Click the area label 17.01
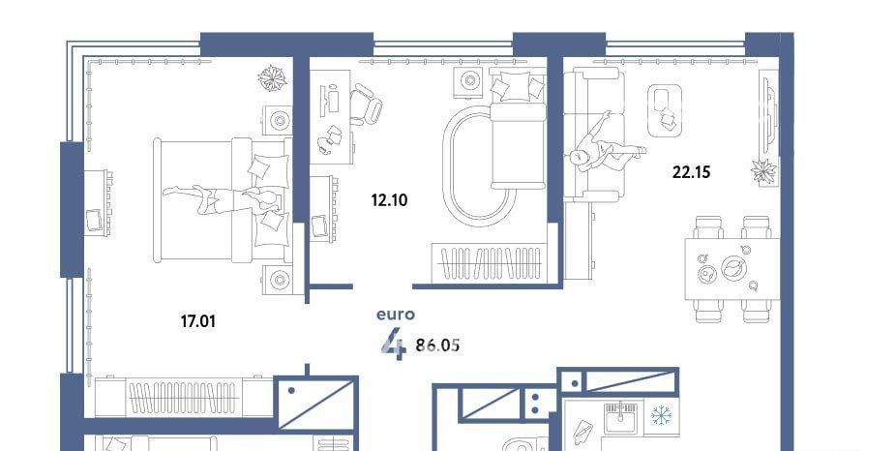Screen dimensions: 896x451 (x=198, y=321)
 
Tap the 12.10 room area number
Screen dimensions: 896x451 (x=389, y=200)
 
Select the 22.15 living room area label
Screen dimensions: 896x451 (x=692, y=171)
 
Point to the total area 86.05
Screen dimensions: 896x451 (x=437, y=346)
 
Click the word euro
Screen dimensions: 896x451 (x=396, y=315)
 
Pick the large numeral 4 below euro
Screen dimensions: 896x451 (x=394, y=344)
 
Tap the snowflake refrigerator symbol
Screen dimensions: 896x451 (x=662, y=414)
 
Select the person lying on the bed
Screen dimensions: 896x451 (x=221, y=199)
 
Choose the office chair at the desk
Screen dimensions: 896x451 (x=366, y=104)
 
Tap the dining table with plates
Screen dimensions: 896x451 (x=732, y=269)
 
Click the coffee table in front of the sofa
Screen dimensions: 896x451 (x=665, y=111)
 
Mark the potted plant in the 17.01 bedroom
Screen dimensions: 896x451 (x=272, y=78)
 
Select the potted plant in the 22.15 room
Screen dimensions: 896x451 (x=764, y=171)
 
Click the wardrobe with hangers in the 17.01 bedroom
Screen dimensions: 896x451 (x=184, y=397)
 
